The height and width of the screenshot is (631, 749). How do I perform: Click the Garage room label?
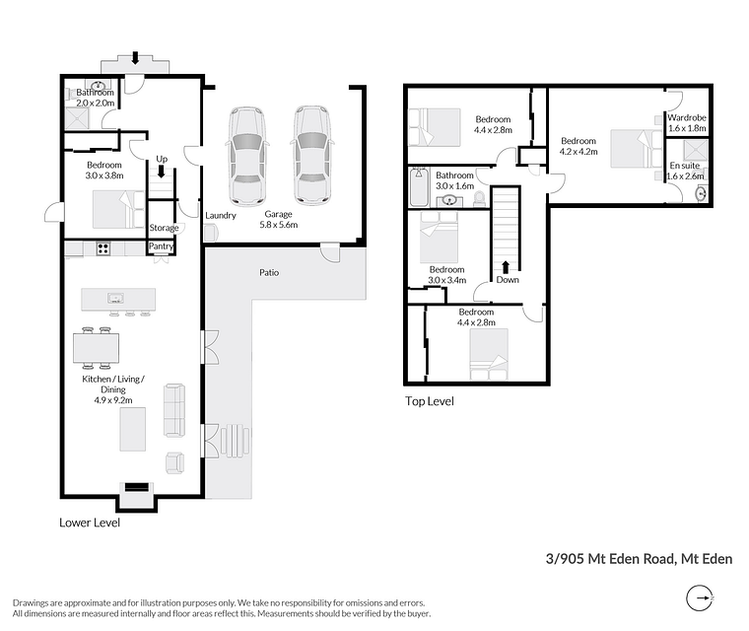(x=279, y=214)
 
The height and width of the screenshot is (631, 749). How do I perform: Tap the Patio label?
(x=269, y=272)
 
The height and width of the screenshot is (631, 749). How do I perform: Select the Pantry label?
(x=161, y=246)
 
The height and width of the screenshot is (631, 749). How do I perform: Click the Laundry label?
(x=221, y=216)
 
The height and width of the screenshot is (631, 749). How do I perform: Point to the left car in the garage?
(x=246, y=156)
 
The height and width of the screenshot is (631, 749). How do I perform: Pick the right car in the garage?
(x=312, y=156)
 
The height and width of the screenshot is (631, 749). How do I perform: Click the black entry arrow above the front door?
(x=135, y=58)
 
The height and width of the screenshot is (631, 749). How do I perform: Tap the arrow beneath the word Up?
(x=162, y=172)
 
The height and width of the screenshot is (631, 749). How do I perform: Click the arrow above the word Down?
(x=506, y=267)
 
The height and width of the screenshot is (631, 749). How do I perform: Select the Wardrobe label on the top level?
(x=687, y=117)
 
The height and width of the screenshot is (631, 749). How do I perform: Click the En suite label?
(x=685, y=166)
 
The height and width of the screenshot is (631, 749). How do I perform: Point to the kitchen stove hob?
(x=103, y=248)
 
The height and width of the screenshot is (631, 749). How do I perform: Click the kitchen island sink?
(x=115, y=299)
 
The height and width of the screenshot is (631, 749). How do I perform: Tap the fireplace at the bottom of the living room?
(x=137, y=488)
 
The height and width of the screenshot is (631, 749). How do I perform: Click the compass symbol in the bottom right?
(x=700, y=598)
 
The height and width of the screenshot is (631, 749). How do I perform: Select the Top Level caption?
(x=430, y=401)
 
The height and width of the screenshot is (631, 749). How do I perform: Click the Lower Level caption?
(x=90, y=523)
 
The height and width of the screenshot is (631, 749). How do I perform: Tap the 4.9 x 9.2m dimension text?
(x=113, y=400)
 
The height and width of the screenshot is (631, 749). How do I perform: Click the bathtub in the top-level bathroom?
(x=420, y=186)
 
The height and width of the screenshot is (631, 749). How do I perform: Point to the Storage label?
(x=164, y=228)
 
